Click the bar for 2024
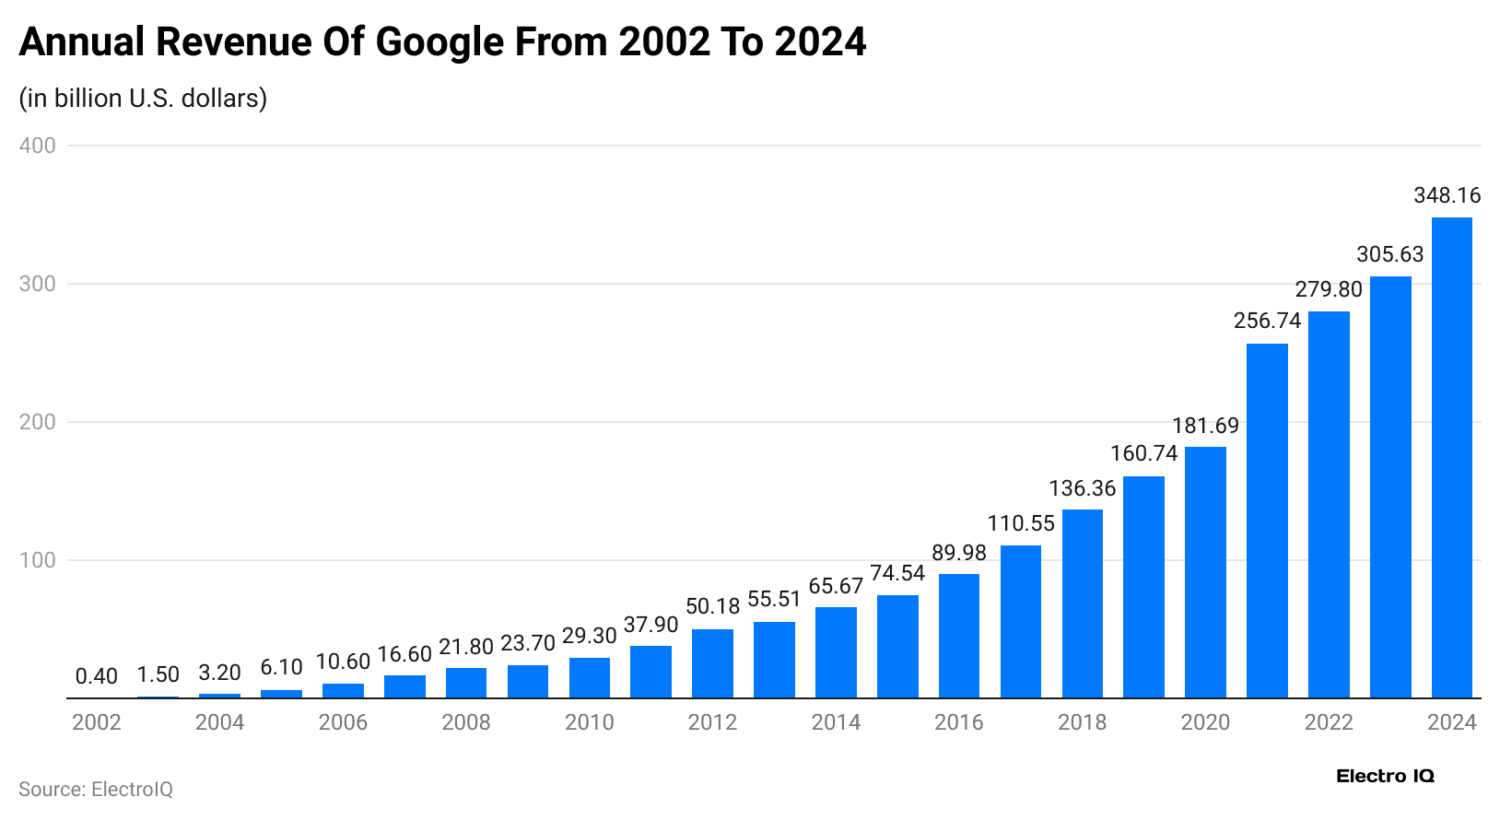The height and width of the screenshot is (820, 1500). coord(1451,458)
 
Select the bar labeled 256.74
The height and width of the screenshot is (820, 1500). coord(1267,521)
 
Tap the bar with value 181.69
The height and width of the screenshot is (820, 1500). coord(1205,572)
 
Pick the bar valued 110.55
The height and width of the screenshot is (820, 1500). coord(1020,622)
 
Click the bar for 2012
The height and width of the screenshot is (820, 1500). coord(712,663)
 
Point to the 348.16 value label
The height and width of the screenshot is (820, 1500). coord(1447,195)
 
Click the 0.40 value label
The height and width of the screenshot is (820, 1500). coord(97,676)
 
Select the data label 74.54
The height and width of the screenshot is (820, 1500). coord(897,573)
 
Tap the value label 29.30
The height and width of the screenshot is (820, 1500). coord(590,636)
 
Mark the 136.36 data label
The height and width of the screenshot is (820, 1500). coord(1082,488)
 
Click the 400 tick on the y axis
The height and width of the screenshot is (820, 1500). coord(38,146)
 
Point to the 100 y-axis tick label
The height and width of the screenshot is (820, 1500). coord(38,560)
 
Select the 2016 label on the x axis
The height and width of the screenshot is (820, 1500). coord(958,722)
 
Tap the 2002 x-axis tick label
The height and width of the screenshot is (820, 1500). coord(97,722)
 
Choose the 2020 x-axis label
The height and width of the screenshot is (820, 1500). coord(1205,722)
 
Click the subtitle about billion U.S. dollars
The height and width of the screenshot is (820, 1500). coord(143,98)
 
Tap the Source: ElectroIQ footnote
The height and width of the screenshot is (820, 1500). coord(96,790)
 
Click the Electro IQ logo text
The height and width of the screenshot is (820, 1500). coord(1385,776)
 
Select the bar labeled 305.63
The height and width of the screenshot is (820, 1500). coord(1389,487)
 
